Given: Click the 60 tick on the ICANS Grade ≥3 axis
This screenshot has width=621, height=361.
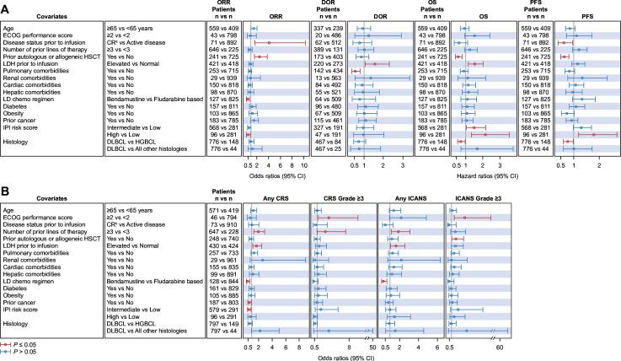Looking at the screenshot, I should click(x=500, y=345).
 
